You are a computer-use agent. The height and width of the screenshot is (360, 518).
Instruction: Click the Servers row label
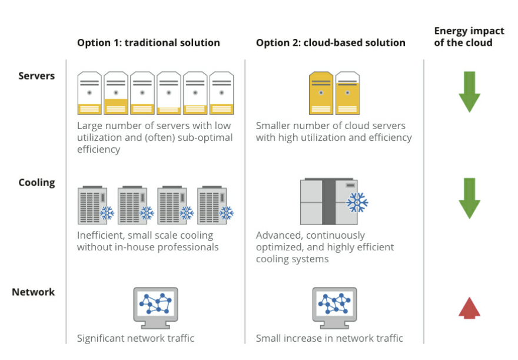36,75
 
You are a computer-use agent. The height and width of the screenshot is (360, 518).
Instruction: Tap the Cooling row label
36,182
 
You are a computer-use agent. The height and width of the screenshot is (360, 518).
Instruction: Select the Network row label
34,292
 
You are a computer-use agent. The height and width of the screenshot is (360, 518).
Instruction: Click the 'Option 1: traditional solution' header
148,42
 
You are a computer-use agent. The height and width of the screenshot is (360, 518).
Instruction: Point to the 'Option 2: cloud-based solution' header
330,42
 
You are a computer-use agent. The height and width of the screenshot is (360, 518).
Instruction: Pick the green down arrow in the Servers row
469,92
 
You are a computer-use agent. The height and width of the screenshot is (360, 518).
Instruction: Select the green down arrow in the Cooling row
469,198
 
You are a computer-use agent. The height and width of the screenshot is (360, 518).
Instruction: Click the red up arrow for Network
469,308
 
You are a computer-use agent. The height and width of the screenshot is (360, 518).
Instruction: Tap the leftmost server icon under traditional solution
89,93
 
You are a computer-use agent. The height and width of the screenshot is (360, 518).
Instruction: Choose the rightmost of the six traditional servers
221,93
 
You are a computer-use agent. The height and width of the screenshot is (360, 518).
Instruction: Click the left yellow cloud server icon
321,93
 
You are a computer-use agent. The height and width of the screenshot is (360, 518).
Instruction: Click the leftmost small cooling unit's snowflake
107,213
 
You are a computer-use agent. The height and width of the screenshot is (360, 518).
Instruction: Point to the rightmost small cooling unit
214,204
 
